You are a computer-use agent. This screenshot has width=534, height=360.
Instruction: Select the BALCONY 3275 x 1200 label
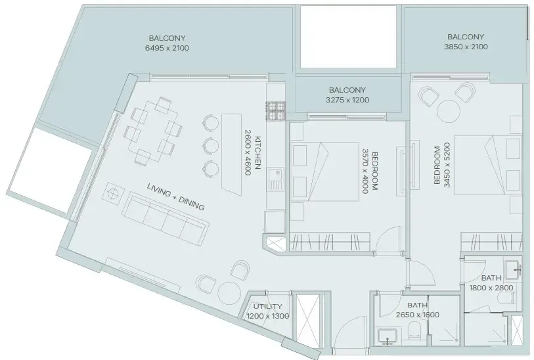(x=347, y=95)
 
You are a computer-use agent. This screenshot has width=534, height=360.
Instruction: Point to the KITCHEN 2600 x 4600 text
(x=253, y=155)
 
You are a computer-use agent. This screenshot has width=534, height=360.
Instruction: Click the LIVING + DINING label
(x=175, y=198)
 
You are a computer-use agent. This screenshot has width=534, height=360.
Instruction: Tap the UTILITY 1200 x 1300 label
(x=267, y=311)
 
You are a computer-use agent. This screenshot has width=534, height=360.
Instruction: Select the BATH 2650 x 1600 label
(x=417, y=310)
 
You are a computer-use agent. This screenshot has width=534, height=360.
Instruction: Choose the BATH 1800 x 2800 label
(x=491, y=283)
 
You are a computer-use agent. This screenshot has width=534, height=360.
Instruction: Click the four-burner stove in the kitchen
(x=275, y=111)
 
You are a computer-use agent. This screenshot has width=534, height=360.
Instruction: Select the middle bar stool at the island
(x=210, y=145)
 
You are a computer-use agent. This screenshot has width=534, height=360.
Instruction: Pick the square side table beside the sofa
(x=113, y=195)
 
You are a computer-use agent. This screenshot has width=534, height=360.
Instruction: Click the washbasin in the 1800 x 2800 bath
(x=518, y=267)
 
